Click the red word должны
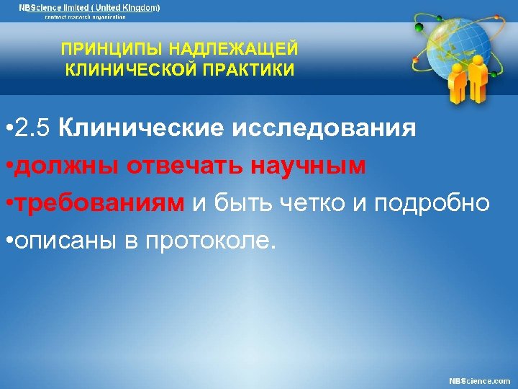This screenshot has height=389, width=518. click(67, 167)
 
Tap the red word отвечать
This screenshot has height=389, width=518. click(186, 167)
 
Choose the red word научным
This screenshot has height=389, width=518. click(309, 167)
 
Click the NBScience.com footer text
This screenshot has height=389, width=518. click(479, 380)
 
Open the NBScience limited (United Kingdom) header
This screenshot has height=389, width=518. click(90, 7)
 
